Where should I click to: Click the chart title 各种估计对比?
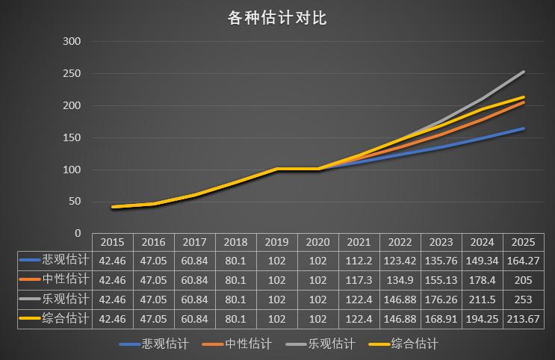pyautogui.click(x=277, y=18)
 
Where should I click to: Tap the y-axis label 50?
pyautogui.click(x=74, y=202)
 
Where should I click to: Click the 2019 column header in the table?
pyautogui.click(x=276, y=242)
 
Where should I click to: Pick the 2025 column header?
pyautogui.click(x=523, y=242)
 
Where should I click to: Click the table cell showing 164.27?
pyautogui.click(x=523, y=261)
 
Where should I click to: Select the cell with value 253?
pyautogui.click(x=523, y=299)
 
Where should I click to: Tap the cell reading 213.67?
pyautogui.click(x=523, y=318)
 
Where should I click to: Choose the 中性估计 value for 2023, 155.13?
pyautogui.click(x=441, y=279)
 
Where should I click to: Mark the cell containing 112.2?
pyautogui.click(x=359, y=261)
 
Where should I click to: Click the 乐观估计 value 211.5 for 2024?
pyautogui.click(x=482, y=299)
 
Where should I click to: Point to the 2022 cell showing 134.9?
pyautogui.click(x=400, y=279)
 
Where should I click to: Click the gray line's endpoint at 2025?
pyautogui.click(x=524, y=72)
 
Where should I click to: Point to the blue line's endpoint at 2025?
pyautogui.click(x=524, y=128)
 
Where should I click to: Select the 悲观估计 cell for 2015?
pyautogui.click(x=112, y=261)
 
